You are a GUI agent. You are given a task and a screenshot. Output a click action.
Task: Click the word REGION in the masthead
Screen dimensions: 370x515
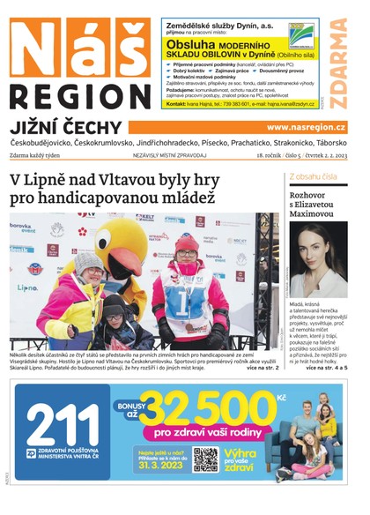click(x=80, y=95)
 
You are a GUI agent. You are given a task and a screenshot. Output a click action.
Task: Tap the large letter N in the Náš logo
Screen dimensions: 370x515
click(x=39, y=50)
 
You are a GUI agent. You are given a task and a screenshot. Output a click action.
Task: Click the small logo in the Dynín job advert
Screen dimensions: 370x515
click(x=304, y=34)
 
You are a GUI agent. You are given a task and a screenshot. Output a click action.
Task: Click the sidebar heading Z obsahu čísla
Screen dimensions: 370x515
click(x=313, y=176)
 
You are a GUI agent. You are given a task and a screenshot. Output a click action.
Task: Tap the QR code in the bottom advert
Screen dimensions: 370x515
click(x=205, y=459)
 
